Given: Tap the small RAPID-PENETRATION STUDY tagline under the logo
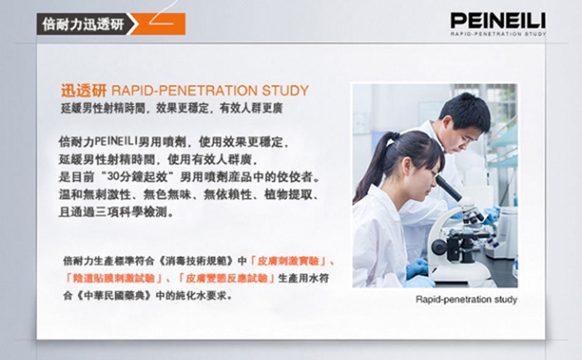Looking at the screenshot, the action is pyautogui.click(x=498, y=34).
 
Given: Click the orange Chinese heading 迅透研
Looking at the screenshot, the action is pyautogui.click(x=84, y=91).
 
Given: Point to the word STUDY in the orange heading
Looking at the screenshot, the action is pyautogui.click(x=285, y=91).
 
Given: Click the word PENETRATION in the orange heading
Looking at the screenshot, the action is pyautogui.click(x=210, y=91).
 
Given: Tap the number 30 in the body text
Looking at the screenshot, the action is pyautogui.click(x=113, y=176).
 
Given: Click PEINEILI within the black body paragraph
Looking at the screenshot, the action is pyautogui.click(x=116, y=141).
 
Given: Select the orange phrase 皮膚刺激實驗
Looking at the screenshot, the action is pyautogui.click(x=288, y=261).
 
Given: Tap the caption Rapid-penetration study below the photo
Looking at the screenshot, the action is pyautogui.click(x=466, y=299).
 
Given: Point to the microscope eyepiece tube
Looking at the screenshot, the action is pyautogui.click(x=448, y=187).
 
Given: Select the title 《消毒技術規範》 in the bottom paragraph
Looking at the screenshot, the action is pyautogui.click(x=197, y=261).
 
